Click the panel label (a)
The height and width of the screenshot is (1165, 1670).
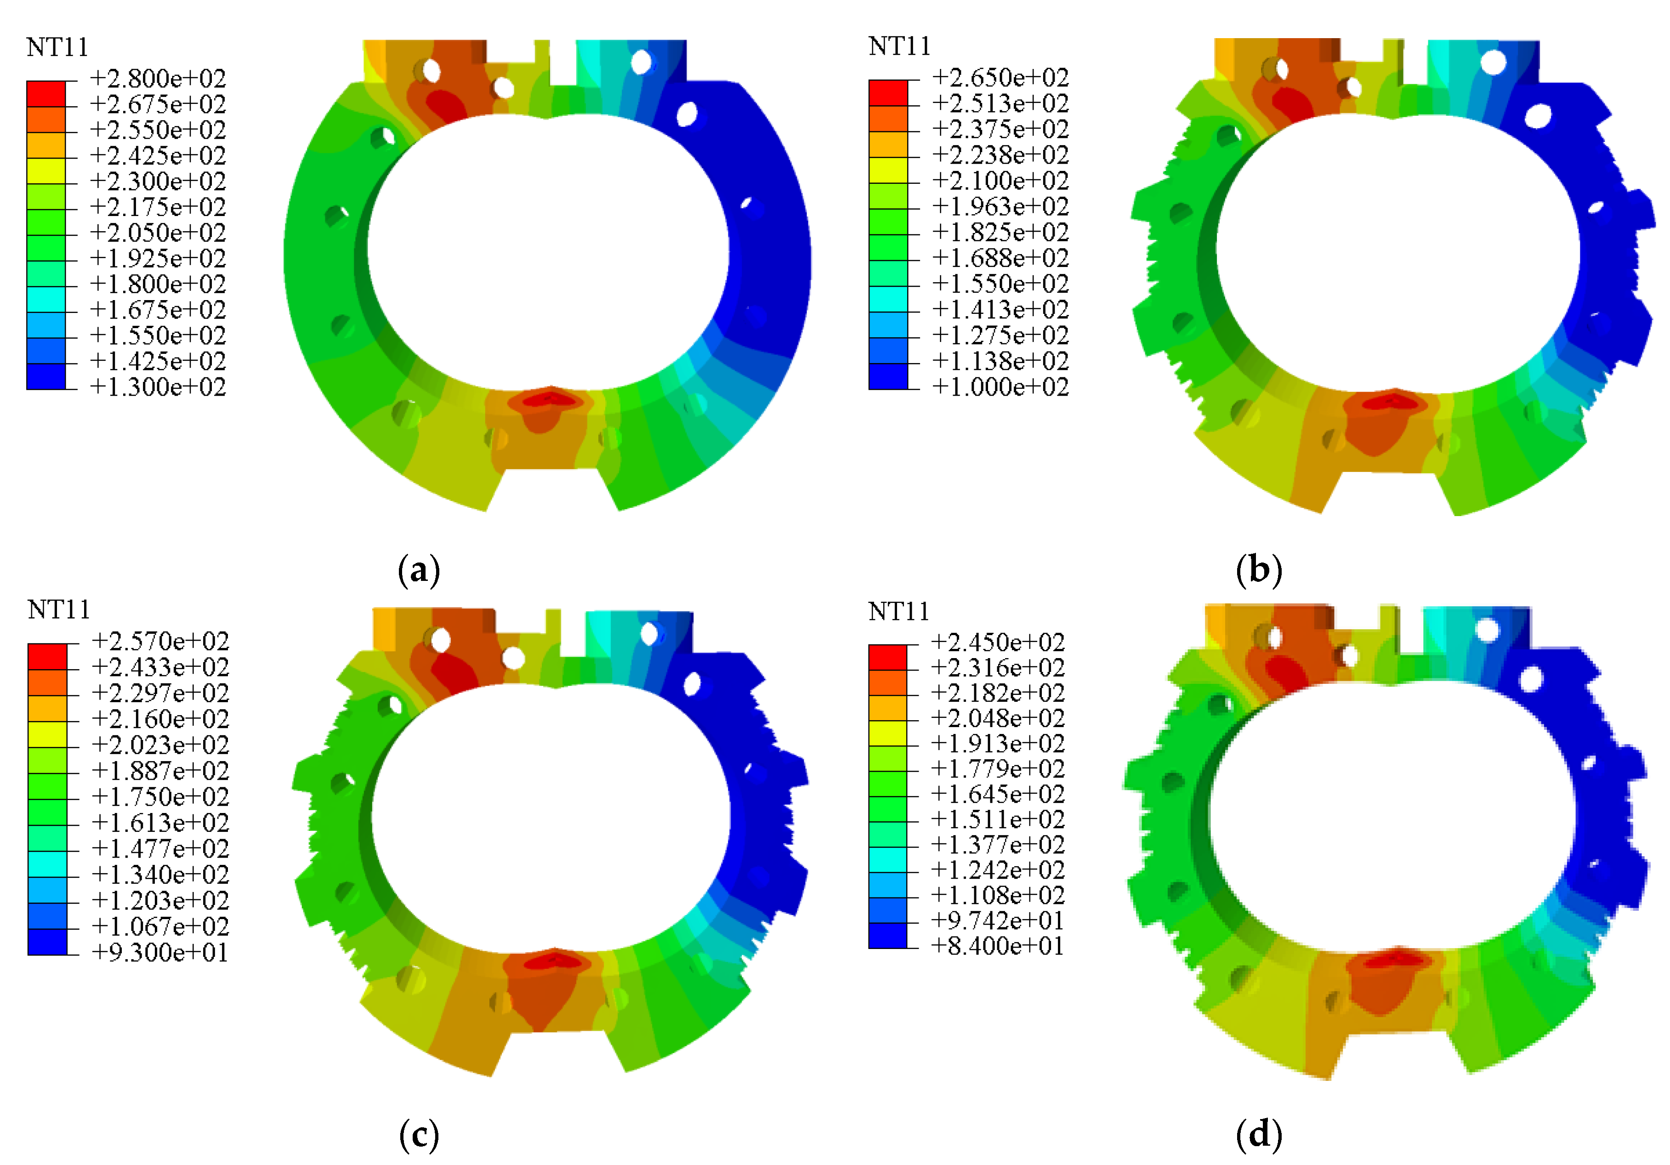(x=420, y=570)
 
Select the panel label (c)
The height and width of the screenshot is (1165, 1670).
(x=420, y=1135)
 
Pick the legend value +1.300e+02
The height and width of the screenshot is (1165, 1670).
(x=158, y=387)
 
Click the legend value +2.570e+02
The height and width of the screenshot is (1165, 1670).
(x=160, y=642)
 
